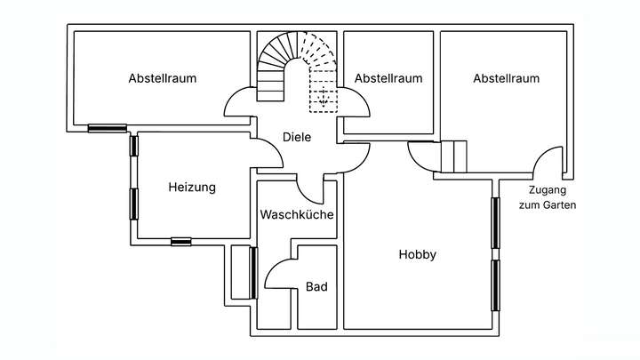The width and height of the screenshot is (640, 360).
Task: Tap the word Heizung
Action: click(192, 188)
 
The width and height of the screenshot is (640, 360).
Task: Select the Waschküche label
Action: click(297, 215)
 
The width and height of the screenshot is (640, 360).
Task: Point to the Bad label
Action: click(316, 287)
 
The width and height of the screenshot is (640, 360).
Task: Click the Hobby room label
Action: click(417, 255)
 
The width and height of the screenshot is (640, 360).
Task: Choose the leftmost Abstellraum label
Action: click(162, 78)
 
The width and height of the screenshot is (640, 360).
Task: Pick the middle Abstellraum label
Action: click(388, 78)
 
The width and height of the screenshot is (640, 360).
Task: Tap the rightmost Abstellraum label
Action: click(506, 78)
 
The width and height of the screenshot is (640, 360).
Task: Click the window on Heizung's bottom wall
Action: click(182, 240)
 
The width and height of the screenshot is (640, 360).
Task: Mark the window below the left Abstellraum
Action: click(108, 128)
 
